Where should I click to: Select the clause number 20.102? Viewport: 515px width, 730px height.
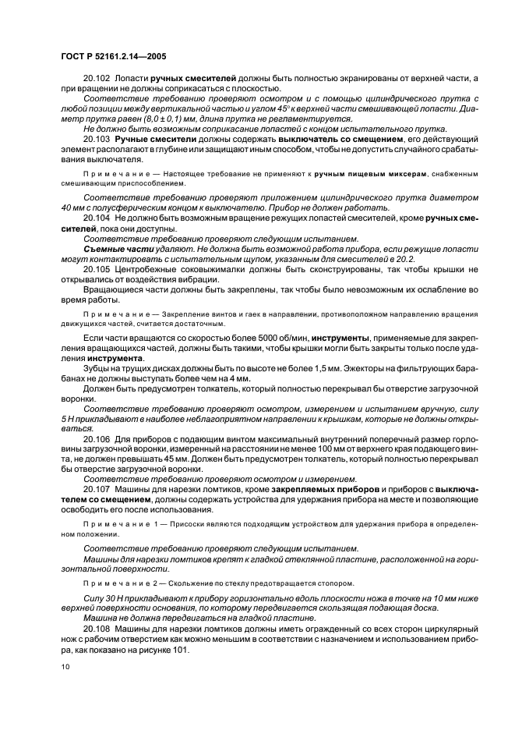click(x=97, y=80)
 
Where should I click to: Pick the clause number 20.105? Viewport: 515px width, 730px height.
click(x=97, y=269)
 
